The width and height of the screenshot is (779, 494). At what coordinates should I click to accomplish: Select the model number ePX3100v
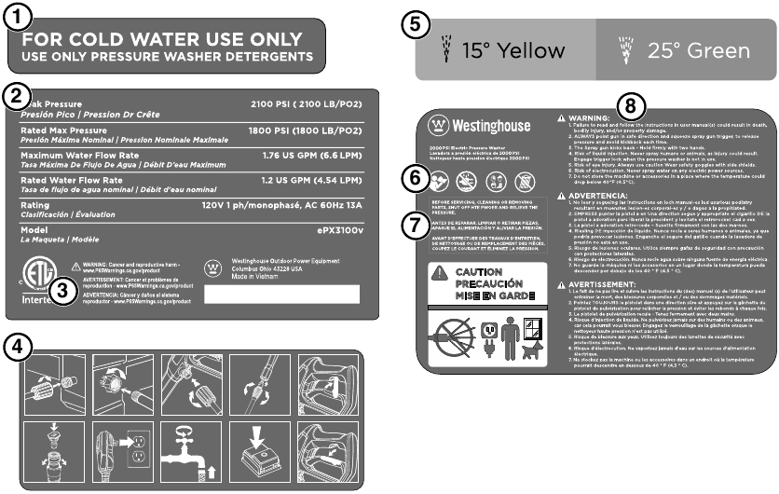tap(339, 229)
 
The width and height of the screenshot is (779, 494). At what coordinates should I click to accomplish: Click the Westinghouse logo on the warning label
tap(469, 125)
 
